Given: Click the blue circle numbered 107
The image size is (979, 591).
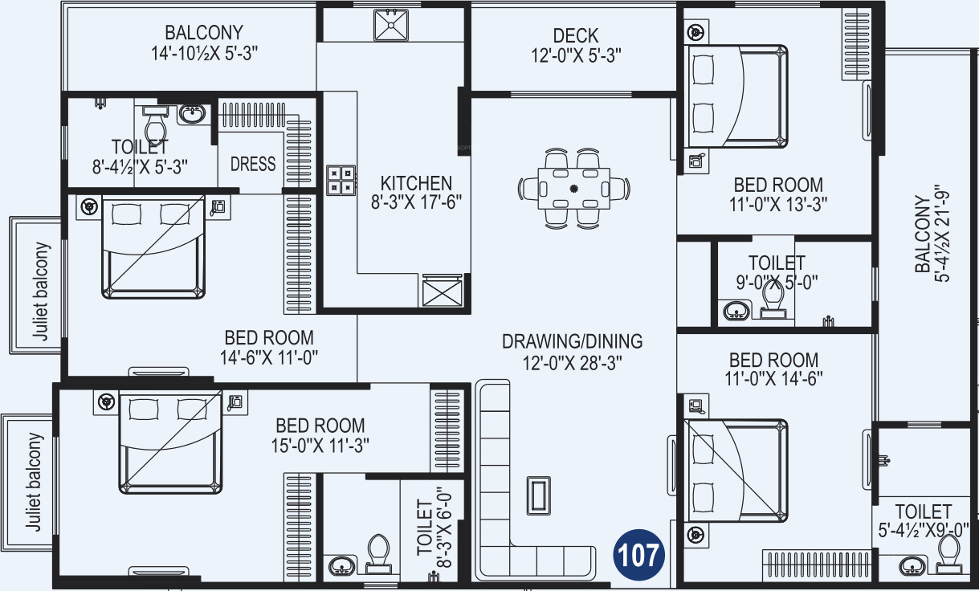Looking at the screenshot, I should point(640,553).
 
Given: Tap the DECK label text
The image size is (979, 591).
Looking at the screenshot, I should point(576,36).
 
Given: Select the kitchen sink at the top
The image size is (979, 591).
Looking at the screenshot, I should point(392,26).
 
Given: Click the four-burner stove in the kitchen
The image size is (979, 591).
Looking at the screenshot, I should point(341,179).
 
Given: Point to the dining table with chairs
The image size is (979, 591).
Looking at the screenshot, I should point(573,188).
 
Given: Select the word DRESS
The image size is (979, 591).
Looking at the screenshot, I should point(253,164).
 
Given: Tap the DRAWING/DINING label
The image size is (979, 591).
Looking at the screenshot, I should point(572,341).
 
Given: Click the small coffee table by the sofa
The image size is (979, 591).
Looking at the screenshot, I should point(538,495).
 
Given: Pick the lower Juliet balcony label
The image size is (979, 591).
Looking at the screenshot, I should point(32,482).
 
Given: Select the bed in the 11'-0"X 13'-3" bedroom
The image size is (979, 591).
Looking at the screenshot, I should point(737,96).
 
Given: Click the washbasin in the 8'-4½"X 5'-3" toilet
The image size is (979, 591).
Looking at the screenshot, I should point(192,114).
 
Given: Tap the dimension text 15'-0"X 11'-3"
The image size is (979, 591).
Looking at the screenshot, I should point(320,445).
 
